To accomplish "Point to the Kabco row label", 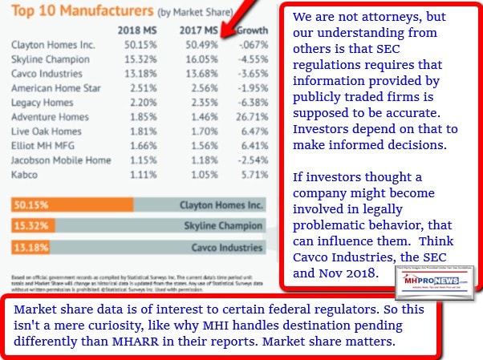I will point(25,175).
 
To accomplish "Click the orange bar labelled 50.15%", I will point(72,204).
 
